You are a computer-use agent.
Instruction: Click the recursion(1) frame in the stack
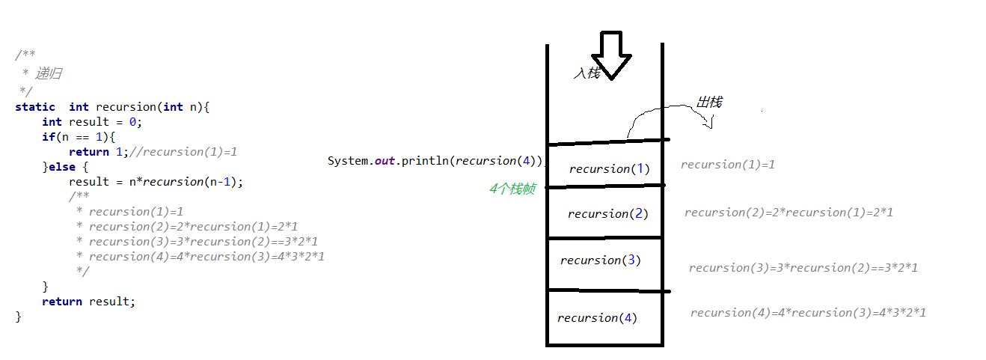click(609, 168)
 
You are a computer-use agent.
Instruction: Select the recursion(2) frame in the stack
click(607, 214)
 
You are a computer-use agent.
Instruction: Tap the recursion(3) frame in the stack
click(600, 260)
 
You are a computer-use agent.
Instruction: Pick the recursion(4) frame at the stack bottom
click(597, 318)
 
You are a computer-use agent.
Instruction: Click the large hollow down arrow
click(611, 55)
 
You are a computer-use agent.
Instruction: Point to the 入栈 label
click(587, 73)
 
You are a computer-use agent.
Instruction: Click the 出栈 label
click(709, 102)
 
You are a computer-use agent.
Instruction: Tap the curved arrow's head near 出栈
click(708, 123)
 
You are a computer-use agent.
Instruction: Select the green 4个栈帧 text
click(512, 189)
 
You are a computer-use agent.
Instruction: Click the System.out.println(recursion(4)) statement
click(435, 161)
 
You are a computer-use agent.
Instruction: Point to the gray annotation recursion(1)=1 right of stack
click(727, 165)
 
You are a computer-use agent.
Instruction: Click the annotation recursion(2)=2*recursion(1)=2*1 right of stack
click(789, 213)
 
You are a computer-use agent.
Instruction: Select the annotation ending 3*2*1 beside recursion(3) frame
click(803, 268)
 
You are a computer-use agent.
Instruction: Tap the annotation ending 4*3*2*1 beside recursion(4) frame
click(808, 313)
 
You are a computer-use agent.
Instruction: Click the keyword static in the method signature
click(34, 107)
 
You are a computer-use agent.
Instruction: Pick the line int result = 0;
click(91, 122)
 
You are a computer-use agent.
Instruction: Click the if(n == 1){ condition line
click(79, 137)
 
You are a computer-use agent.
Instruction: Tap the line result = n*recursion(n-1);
click(156, 182)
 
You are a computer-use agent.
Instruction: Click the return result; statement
click(89, 302)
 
